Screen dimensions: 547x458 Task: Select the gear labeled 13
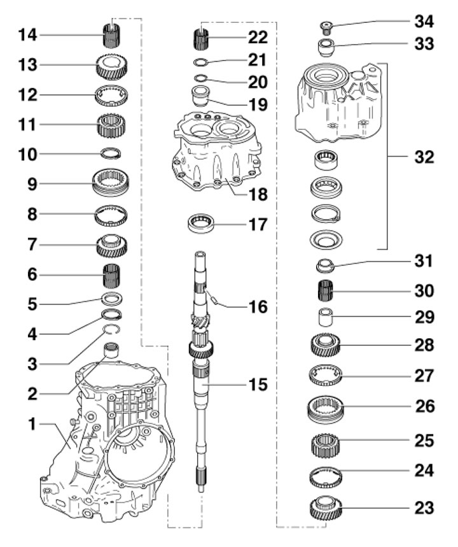click(x=113, y=66)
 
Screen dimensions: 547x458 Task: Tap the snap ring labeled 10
click(x=112, y=153)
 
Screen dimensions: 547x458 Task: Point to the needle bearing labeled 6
click(x=112, y=276)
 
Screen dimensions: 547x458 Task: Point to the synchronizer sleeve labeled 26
click(x=328, y=406)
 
